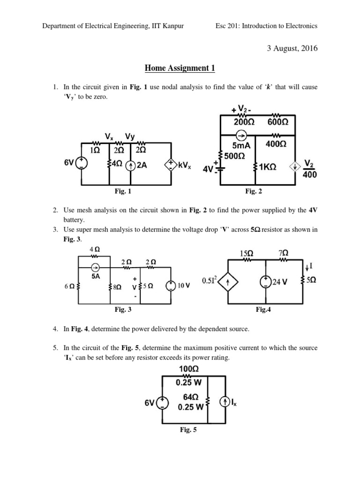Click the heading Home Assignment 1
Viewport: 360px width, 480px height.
tap(180, 68)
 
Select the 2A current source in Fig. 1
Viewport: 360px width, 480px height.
tap(131, 165)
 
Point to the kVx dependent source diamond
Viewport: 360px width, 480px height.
tap(170, 165)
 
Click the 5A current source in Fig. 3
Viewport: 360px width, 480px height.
tap(96, 268)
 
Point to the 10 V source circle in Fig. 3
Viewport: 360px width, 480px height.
tap(172, 285)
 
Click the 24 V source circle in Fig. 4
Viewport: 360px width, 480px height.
tap(266, 281)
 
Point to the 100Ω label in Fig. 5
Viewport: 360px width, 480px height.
tap(186, 369)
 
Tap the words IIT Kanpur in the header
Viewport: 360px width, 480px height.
tap(167, 26)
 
